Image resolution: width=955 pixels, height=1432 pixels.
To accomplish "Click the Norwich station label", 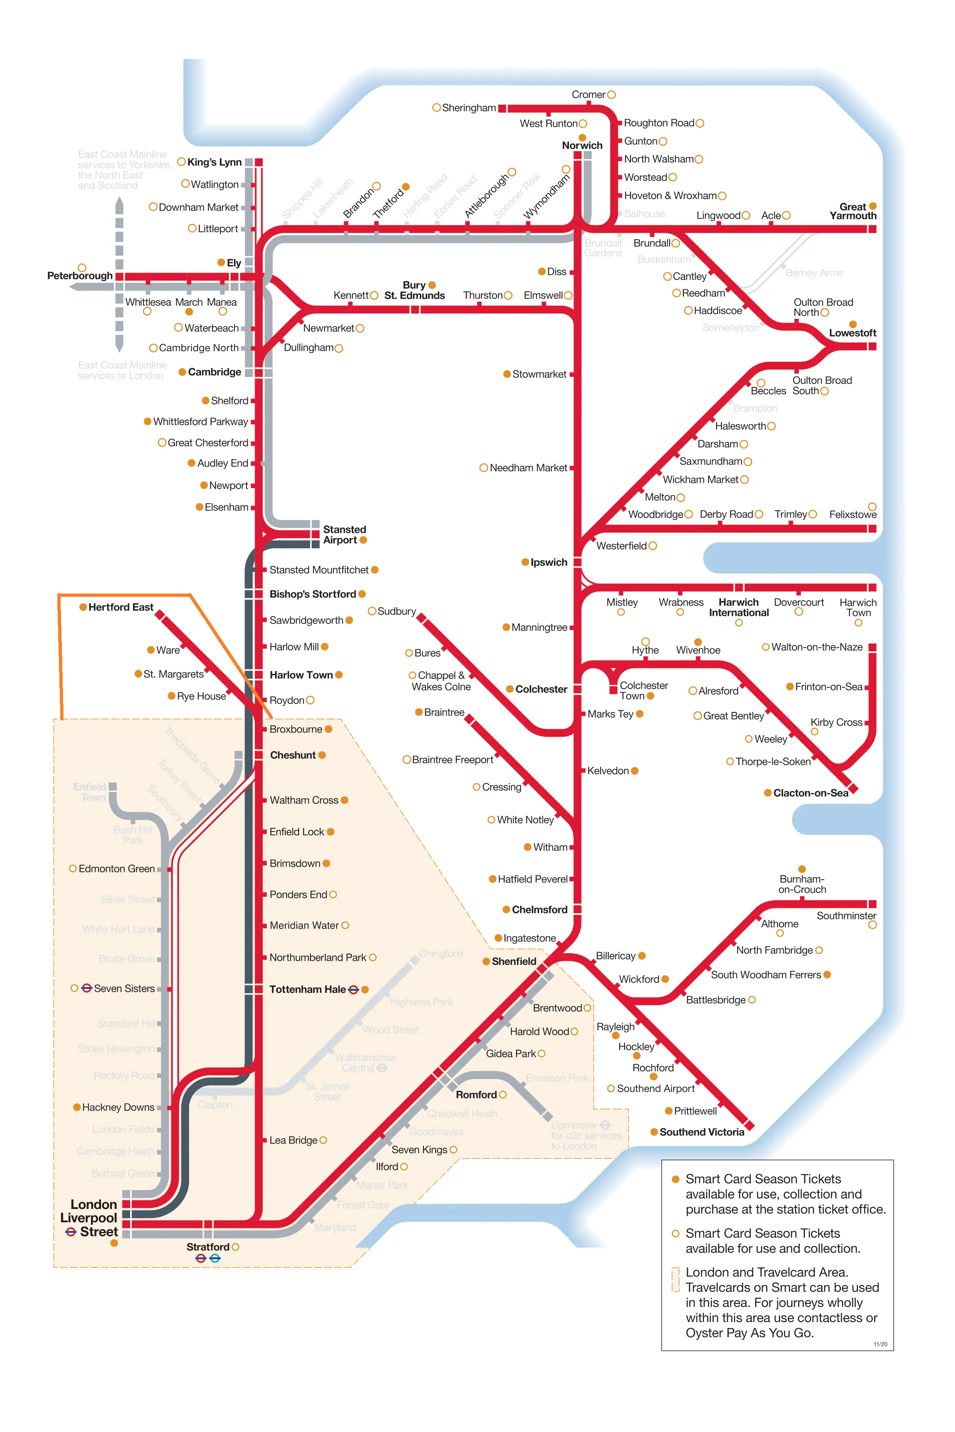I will (x=582, y=145).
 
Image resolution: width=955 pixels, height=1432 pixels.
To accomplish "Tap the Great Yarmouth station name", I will (x=853, y=211).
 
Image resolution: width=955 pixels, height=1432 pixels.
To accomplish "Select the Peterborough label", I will (x=80, y=276).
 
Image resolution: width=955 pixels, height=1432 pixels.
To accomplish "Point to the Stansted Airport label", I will (x=344, y=535).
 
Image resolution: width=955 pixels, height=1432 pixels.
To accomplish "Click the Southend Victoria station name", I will (x=702, y=1132).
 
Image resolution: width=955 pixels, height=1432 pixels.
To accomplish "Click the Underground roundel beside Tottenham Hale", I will (x=353, y=990).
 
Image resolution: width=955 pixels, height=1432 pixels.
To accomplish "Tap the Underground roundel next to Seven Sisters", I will (x=86, y=988).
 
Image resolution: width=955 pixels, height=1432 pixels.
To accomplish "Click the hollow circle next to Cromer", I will (x=611, y=95).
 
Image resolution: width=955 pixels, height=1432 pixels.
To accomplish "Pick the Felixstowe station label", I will (x=853, y=514).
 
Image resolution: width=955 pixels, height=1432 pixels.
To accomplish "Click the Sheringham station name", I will (x=468, y=108).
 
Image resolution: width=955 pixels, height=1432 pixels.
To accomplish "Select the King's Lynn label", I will (x=214, y=162).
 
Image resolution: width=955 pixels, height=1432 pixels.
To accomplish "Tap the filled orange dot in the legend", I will (x=675, y=1179).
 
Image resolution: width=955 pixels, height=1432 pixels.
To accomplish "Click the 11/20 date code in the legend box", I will (x=880, y=1344).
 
